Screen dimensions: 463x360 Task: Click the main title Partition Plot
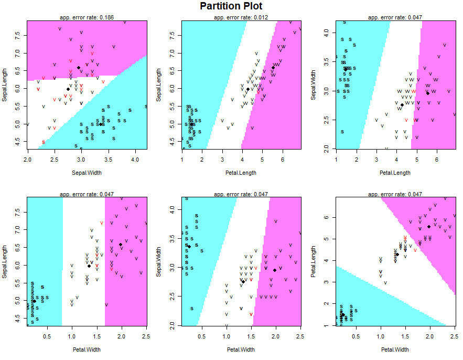(231, 6)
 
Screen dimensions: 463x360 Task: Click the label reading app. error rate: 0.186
(87, 17)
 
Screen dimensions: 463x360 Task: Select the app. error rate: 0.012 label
(241, 17)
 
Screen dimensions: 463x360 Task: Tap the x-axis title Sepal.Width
(87, 173)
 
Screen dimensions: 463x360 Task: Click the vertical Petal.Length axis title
(313, 261)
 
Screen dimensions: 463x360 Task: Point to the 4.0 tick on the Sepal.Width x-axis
(135, 160)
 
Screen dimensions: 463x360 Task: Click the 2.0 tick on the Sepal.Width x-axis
(28, 160)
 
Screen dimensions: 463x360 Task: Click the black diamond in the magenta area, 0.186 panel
(79, 68)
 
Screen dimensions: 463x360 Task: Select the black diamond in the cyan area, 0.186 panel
(100, 124)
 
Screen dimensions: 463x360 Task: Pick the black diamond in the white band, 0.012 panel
(248, 89)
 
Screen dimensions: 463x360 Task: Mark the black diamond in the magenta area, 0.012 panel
(273, 68)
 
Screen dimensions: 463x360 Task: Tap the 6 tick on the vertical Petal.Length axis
(326, 217)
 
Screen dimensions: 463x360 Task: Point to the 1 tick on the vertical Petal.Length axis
(326, 325)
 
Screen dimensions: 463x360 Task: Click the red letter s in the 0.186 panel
(44, 142)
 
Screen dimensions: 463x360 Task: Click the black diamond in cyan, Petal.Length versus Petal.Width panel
(343, 315)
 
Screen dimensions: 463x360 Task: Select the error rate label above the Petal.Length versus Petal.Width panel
(395, 194)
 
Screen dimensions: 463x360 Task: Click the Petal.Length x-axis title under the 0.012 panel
(241, 173)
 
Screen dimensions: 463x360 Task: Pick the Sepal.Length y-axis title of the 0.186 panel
(4, 85)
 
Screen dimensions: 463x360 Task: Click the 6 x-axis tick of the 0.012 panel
(283, 160)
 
